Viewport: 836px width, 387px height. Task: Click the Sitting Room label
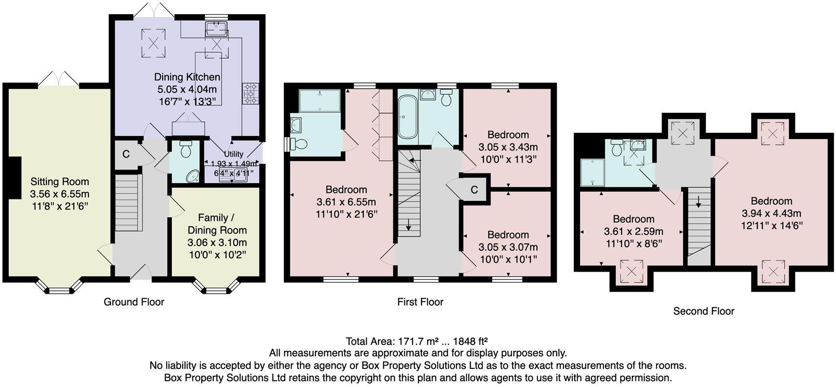pos(60,182)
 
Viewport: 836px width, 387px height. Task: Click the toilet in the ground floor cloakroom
pos(186,149)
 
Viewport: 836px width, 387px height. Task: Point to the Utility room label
pos(233,154)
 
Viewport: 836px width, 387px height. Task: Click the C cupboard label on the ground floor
pos(126,154)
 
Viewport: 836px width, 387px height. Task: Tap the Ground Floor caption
pos(134,302)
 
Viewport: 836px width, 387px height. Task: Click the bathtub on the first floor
pos(406,117)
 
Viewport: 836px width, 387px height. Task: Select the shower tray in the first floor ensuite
pos(319,101)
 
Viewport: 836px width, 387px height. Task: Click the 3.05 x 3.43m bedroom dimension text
pos(508,147)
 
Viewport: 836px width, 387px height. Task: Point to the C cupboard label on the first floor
pos(474,190)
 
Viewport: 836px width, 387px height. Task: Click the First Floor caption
pos(420,302)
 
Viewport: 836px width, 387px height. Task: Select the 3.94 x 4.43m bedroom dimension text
pos(772,214)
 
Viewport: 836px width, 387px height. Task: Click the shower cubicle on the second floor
pos(592,172)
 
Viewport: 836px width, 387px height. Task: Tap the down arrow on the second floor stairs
pos(698,201)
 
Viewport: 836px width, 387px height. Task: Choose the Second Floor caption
pos(703,311)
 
